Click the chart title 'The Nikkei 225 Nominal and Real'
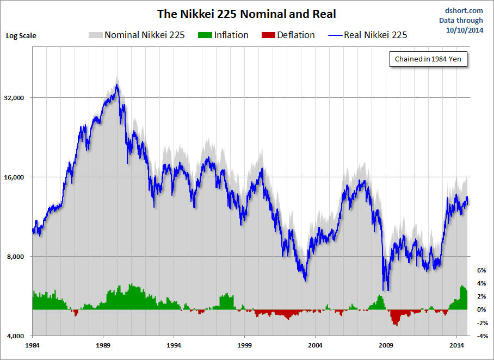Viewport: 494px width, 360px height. click(246, 13)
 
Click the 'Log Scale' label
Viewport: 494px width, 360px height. click(21, 36)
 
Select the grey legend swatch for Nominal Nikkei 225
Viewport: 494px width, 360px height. click(95, 35)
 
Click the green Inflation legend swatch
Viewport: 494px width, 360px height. click(204, 35)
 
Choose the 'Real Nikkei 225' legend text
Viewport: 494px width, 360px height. click(375, 35)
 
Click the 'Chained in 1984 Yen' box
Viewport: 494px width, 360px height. click(429, 59)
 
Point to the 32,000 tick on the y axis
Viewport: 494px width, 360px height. click(17, 98)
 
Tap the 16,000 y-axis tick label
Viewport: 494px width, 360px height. click(17, 177)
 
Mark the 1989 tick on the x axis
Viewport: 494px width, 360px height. click(103, 345)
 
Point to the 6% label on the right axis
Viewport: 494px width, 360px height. click(481, 270)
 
